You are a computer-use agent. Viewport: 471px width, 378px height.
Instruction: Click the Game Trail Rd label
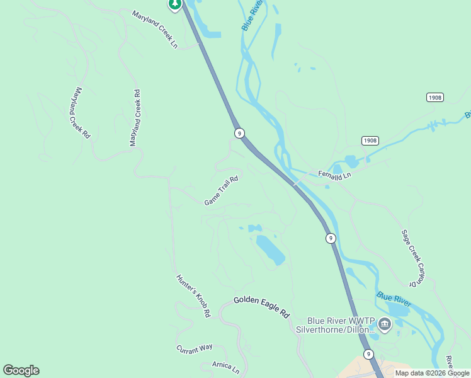tap(221, 190)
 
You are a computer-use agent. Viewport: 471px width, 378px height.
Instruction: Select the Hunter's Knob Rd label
tap(193, 295)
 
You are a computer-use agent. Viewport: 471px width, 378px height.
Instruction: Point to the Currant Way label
tap(194, 348)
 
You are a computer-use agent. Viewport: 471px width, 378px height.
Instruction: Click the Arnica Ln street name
tap(226, 367)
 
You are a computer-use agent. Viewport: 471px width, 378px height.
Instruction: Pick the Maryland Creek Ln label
tap(155, 29)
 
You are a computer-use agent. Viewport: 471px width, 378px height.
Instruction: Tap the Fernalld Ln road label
tap(334, 175)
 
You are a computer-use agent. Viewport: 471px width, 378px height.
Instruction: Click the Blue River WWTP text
tap(339, 320)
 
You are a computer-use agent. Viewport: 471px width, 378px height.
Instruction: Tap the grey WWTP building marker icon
tap(385, 325)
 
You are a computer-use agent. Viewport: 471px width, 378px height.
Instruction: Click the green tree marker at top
tap(174, 4)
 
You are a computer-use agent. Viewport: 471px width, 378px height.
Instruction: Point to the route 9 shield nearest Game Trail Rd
tap(239, 132)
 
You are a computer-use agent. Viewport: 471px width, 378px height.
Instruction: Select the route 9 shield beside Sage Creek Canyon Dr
tap(331, 238)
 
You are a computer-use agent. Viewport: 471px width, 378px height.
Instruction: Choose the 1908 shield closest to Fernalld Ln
tap(370, 140)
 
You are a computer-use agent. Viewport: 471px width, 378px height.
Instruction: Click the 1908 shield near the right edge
tap(434, 97)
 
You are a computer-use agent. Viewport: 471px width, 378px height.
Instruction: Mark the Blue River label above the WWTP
tap(394, 299)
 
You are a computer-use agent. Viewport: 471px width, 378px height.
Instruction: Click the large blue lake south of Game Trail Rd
tap(270, 249)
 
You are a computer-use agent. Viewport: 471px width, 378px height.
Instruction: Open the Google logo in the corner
tap(21, 370)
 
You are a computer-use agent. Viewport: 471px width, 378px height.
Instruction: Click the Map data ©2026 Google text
tap(432, 373)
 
